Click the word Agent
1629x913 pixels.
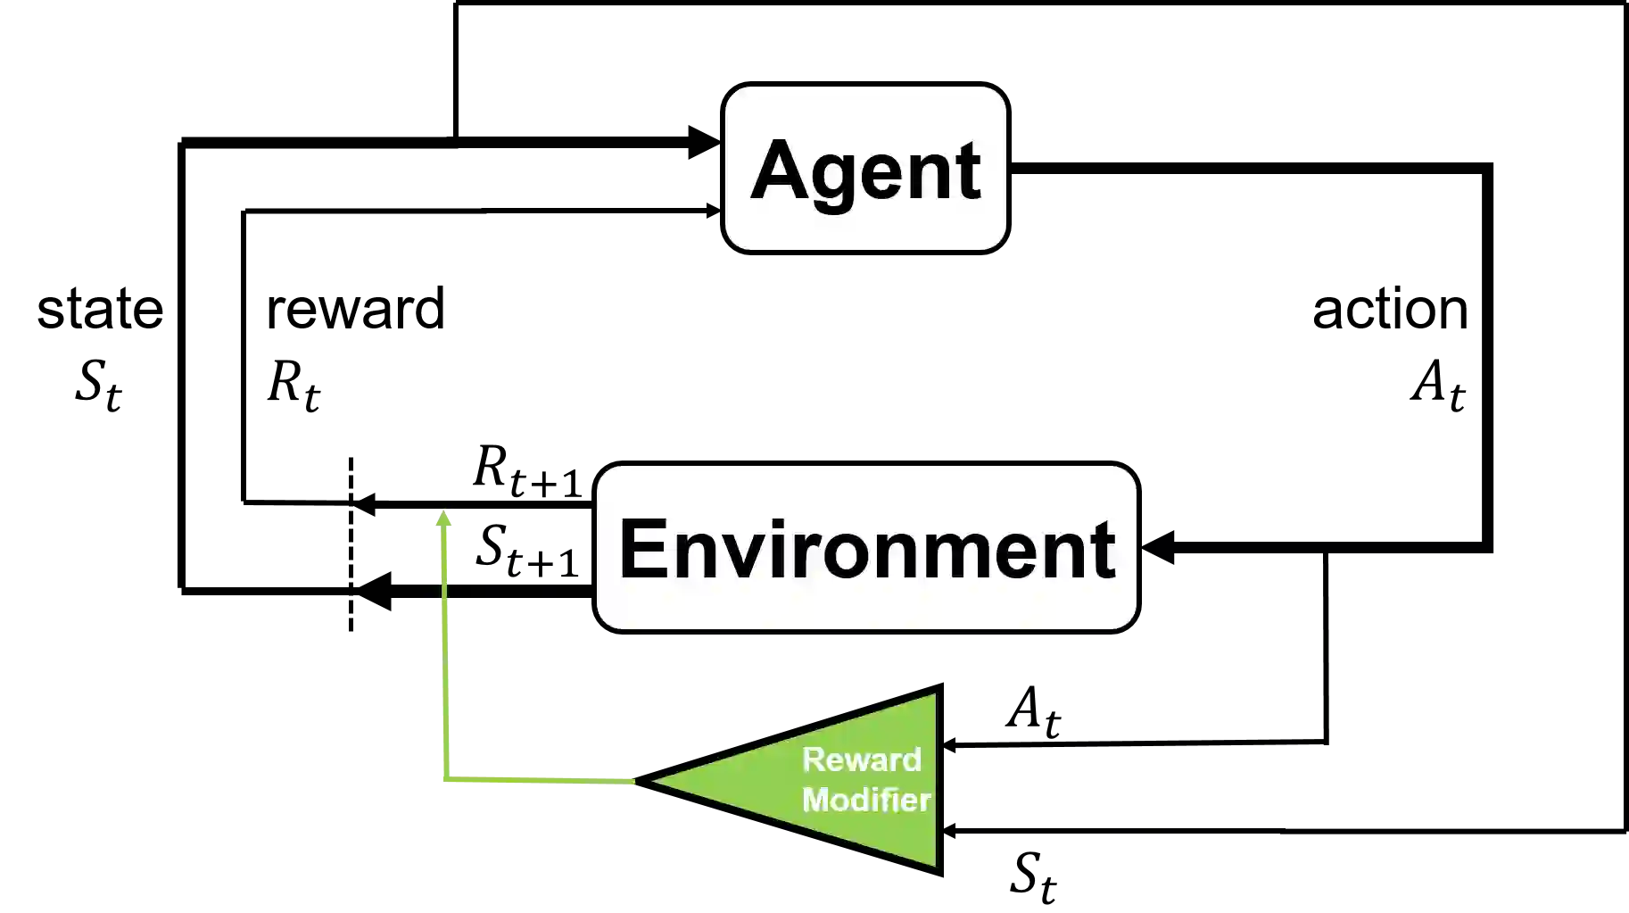[865, 170]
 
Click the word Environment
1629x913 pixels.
[866, 548]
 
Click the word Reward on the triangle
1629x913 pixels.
[861, 759]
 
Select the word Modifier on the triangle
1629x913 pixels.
[866, 800]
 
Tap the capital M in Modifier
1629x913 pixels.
[817, 800]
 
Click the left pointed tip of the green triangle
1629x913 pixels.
[655, 781]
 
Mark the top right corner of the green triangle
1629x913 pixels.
[933, 696]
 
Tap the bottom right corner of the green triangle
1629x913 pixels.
[933, 863]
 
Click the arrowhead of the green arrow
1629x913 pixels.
[443, 517]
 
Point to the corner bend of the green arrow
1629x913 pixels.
[445, 781]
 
